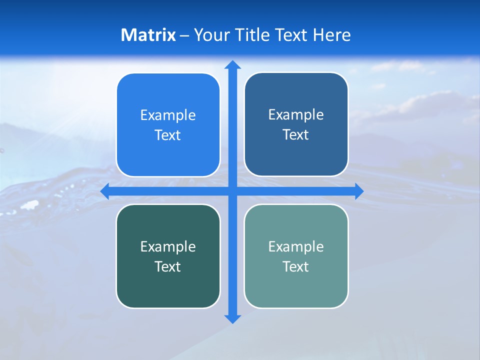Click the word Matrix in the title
click(148, 35)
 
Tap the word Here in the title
click(331, 35)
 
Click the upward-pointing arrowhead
click(232, 64)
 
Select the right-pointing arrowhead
click(359, 191)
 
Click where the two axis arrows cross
click(232, 191)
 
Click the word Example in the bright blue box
click(168, 115)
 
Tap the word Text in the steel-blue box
click(296, 135)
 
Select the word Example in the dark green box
click(168, 246)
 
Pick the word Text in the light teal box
click(296, 266)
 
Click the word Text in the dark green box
click(168, 266)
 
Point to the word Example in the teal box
click(296, 246)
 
